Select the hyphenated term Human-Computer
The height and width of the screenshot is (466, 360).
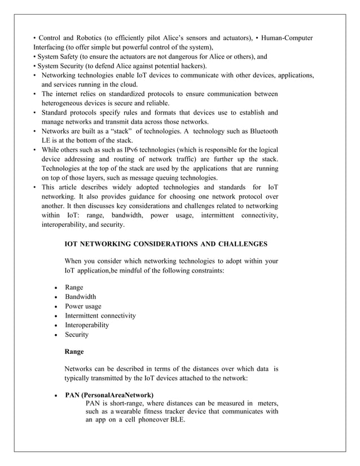tap(284, 38)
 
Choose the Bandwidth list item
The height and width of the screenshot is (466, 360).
tap(80, 297)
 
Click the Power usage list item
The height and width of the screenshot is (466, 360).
tap(83, 306)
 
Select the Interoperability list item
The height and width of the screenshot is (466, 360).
tap(87, 326)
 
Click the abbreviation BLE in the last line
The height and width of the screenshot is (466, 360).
tap(178, 422)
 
